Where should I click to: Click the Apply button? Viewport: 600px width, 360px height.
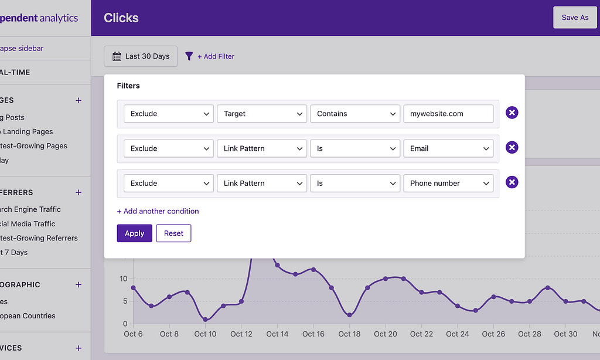pyautogui.click(x=134, y=233)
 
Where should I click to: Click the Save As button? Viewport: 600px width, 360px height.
pyautogui.click(x=574, y=18)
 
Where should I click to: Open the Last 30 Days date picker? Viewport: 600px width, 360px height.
pyautogui.click(x=141, y=56)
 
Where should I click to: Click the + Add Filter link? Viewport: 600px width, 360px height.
pyautogui.click(x=215, y=56)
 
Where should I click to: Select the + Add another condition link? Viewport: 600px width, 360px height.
pyautogui.click(x=158, y=211)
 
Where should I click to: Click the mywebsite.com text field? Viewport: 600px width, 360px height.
pyautogui.click(x=448, y=114)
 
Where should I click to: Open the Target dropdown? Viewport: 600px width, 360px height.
pyautogui.click(x=262, y=114)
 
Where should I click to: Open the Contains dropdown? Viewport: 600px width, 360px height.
pyautogui.click(x=355, y=114)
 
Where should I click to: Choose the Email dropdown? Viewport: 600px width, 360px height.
pyautogui.click(x=448, y=148)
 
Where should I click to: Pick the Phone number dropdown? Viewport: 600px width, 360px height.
pyautogui.click(x=448, y=183)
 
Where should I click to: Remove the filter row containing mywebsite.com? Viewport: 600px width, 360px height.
pyautogui.click(x=512, y=113)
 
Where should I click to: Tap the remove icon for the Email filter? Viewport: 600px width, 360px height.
pyautogui.click(x=512, y=148)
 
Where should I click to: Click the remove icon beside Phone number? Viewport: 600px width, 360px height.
pyautogui.click(x=512, y=182)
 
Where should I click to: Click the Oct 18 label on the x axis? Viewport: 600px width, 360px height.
pyautogui.click(x=349, y=334)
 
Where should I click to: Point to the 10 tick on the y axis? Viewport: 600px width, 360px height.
pyautogui.click(x=123, y=279)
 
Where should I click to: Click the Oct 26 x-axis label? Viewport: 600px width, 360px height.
pyautogui.click(x=493, y=334)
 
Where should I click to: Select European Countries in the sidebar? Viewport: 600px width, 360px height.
pyautogui.click(x=28, y=315)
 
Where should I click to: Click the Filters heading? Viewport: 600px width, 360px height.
pyautogui.click(x=128, y=86)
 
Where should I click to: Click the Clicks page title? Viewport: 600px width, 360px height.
pyautogui.click(x=121, y=18)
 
